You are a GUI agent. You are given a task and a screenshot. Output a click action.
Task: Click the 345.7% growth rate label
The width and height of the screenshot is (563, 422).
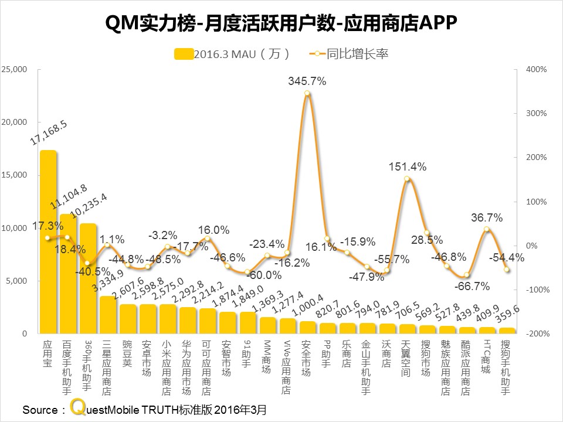pyautogui.click(x=307, y=81)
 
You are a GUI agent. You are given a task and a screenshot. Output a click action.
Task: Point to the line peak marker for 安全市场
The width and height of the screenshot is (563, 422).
pyautogui.click(x=307, y=93)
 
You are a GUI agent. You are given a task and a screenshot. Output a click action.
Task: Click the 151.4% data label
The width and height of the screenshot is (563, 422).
pyautogui.click(x=407, y=167)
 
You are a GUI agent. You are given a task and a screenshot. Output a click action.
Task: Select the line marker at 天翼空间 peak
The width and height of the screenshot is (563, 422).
pyautogui.click(x=407, y=179)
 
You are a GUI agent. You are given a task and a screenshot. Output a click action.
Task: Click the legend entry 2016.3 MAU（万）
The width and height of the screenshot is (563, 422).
pyautogui.click(x=232, y=54)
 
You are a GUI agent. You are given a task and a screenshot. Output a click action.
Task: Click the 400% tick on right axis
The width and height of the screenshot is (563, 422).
pyautogui.click(x=536, y=69)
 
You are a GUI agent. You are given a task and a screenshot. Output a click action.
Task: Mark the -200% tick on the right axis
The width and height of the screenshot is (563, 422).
pyautogui.click(x=535, y=333)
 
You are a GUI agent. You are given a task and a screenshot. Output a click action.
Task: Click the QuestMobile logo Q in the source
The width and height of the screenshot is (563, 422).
pyautogui.click(x=76, y=408)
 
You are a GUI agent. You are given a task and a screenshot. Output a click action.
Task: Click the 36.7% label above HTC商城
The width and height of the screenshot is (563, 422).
pyautogui.click(x=486, y=217)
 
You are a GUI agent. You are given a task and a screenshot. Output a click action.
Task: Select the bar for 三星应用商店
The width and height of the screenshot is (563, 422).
pyautogui.click(x=108, y=315)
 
